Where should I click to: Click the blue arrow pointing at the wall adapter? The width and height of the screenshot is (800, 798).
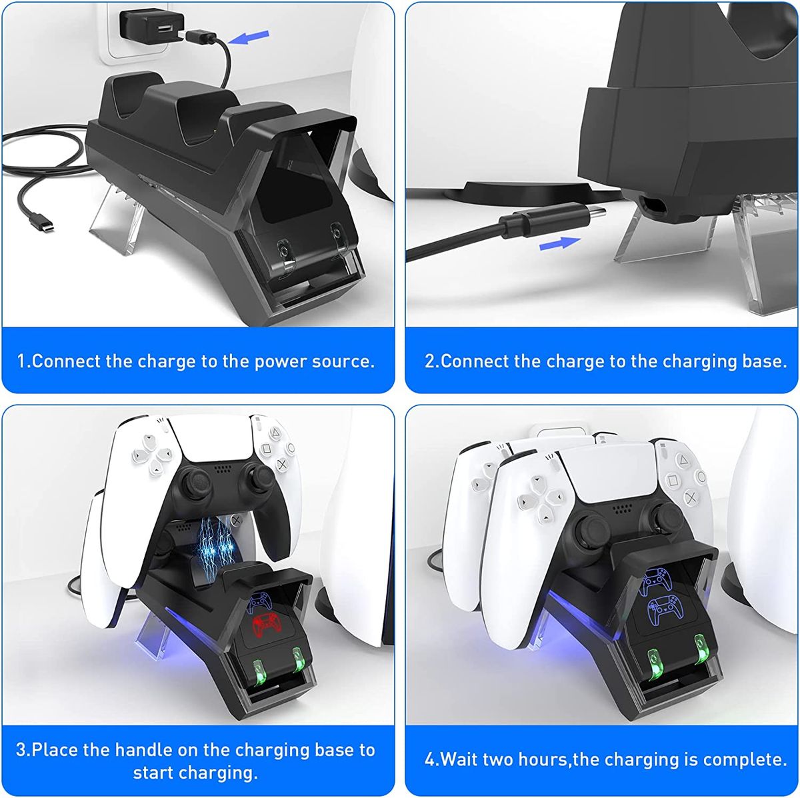[x=248, y=37]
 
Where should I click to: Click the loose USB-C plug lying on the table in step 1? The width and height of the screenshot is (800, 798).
[x=42, y=222]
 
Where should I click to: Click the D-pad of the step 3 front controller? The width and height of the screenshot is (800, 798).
[x=152, y=454]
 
